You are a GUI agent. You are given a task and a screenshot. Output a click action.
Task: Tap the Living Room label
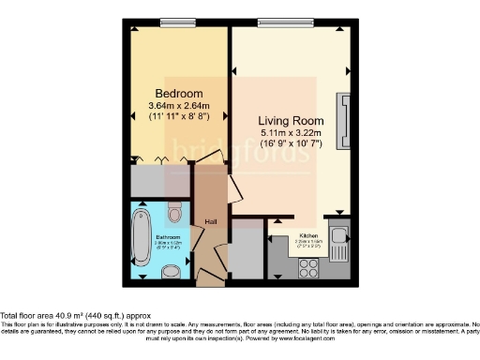coord(292,121)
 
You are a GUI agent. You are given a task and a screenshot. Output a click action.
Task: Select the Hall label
coord(212,221)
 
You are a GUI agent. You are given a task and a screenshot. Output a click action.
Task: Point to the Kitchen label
coord(310,235)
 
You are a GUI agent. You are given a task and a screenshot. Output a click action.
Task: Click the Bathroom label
coord(168,237)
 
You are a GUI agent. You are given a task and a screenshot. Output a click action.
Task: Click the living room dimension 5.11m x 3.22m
coord(292,133)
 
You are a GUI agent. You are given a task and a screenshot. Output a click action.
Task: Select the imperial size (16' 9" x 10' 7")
coord(292,144)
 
